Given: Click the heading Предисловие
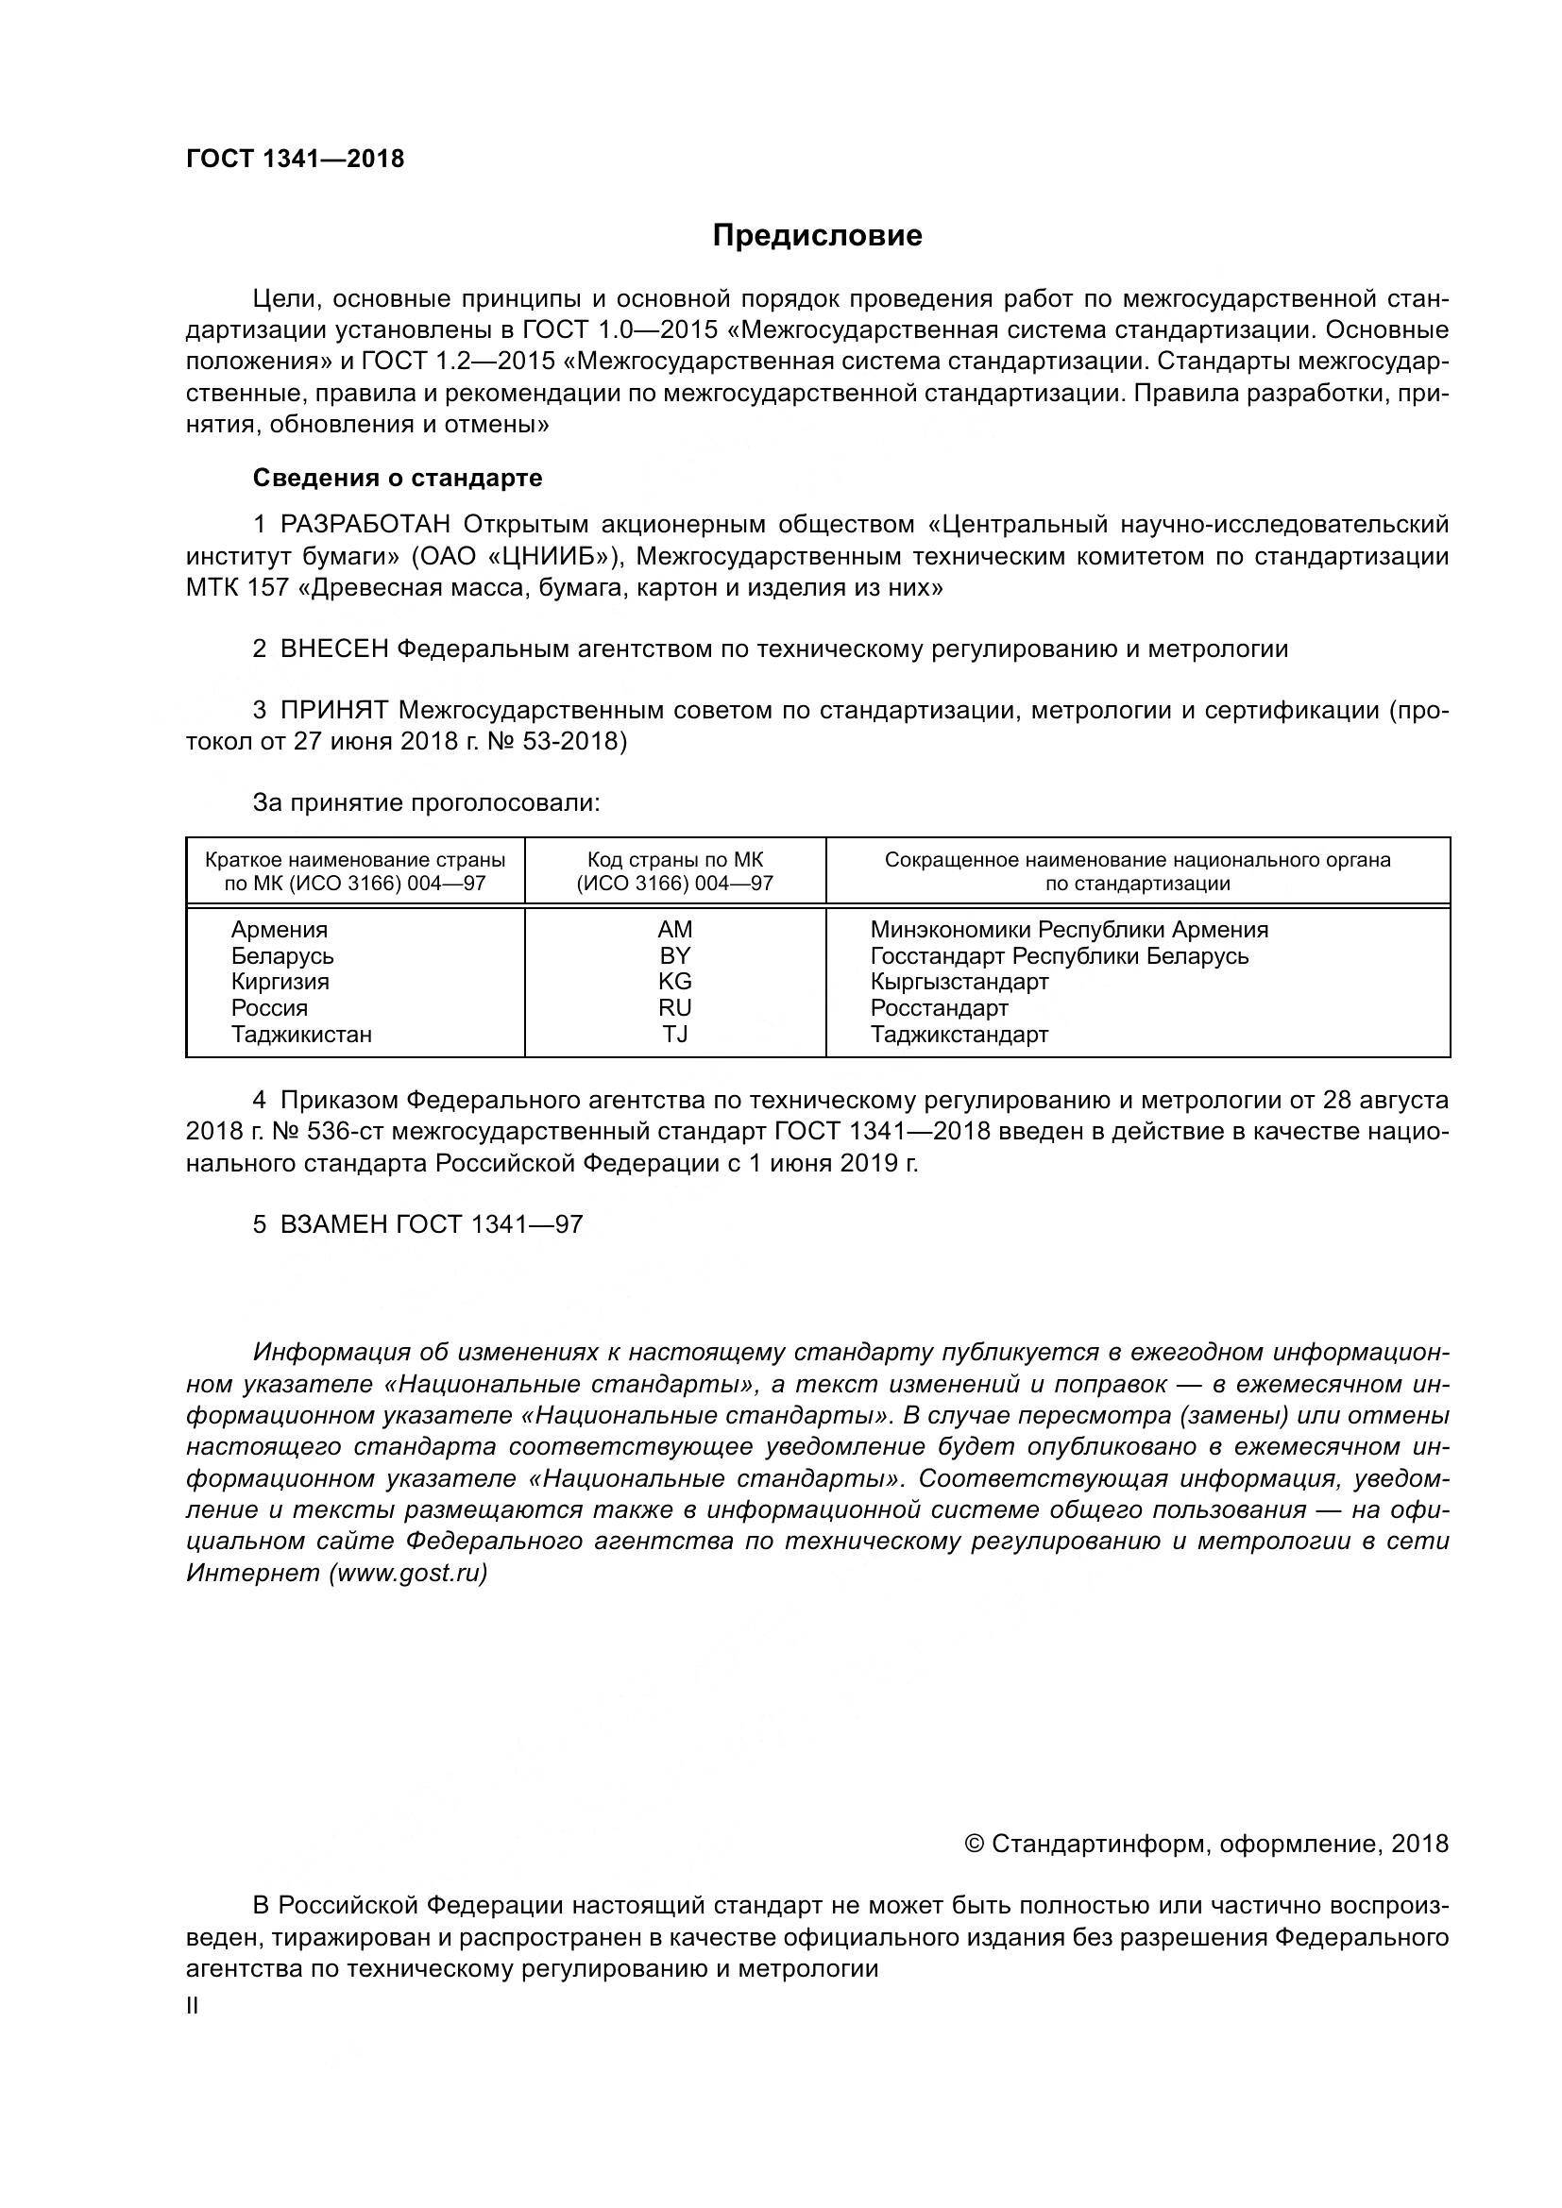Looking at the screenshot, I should [x=817, y=236].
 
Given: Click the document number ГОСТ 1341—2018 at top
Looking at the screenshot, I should [x=295, y=160].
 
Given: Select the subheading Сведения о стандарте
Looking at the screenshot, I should [x=398, y=478].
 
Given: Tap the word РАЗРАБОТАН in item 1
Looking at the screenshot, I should [x=365, y=524].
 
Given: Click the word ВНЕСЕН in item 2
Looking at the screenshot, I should [x=333, y=649].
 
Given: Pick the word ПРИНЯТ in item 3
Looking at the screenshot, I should [x=333, y=711].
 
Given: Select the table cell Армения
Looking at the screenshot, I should [x=279, y=930].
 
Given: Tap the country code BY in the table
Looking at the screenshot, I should [x=675, y=956].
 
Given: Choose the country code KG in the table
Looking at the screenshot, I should [x=675, y=982].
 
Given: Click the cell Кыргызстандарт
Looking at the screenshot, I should [x=959, y=982].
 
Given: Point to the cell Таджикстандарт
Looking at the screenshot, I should [x=959, y=1035].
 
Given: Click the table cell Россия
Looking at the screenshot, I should [x=269, y=1008].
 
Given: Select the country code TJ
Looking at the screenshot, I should [x=675, y=1035].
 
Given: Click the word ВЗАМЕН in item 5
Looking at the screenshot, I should [x=333, y=1224].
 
